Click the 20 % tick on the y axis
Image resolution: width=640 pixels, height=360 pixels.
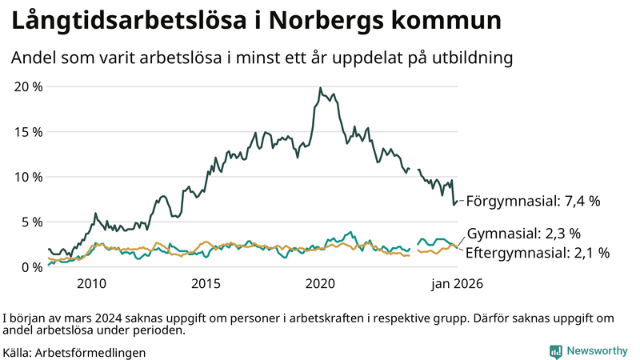click(x=26, y=86)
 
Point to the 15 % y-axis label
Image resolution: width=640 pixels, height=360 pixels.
click(x=26, y=131)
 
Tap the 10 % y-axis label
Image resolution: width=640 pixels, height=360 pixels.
click(x=26, y=177)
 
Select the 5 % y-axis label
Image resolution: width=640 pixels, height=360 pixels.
click(x=29, y=222)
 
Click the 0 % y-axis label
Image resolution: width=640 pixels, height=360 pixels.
click(x=29, y=267)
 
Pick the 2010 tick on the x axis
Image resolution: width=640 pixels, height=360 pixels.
click(x=91, y=284)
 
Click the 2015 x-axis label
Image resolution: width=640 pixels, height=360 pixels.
click(x=206, y=284)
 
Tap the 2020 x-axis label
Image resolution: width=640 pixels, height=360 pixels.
click(x=320, y=284)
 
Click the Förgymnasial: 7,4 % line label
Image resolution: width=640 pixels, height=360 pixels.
click(x=533, y=202)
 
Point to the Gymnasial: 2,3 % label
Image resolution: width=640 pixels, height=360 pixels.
click(x=523, y=234)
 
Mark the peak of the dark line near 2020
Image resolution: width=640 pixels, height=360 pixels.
click(x=320, y=88)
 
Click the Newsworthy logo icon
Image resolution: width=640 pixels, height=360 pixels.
click(x=555, y=351)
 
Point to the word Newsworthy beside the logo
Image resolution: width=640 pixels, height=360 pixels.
click(x=598, y=351)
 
